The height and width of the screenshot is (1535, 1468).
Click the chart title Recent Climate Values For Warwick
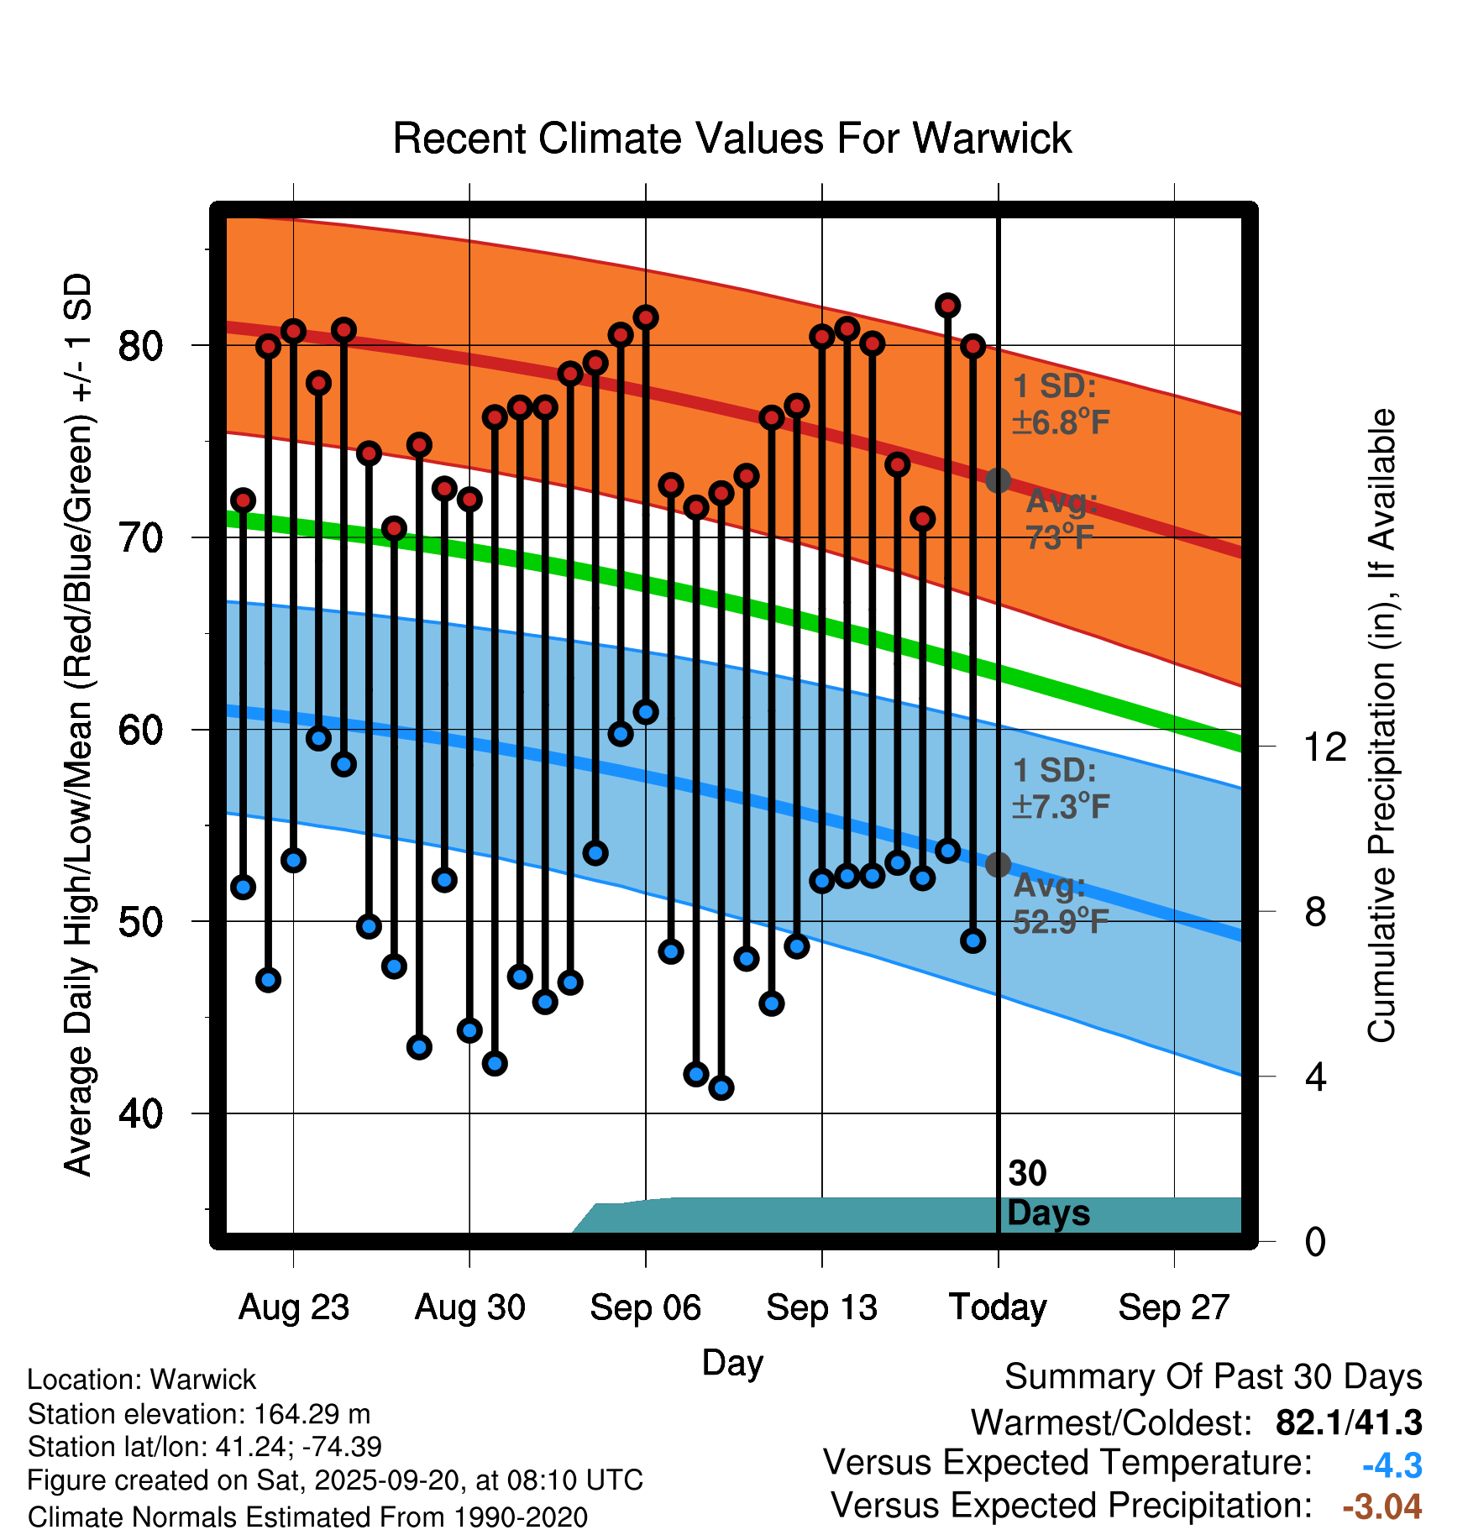[732, 139]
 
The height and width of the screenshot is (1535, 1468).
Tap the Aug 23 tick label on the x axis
[293, 1307]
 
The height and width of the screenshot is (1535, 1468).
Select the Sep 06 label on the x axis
[645, 1307]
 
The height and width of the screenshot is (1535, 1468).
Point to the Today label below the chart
[998, 1307]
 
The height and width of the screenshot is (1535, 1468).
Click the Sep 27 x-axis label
[1173, 1307]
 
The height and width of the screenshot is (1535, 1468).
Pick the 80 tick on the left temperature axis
[140, 345]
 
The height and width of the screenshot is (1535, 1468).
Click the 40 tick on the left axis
[140, 1113]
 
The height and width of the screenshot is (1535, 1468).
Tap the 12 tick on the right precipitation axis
[1324, 747]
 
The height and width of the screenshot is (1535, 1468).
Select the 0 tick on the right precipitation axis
[1315, 1241]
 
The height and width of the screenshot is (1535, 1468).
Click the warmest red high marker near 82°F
[947, 306]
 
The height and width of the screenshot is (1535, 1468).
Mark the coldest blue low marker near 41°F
[721, 1087]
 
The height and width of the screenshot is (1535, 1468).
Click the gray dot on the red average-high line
[998, 480]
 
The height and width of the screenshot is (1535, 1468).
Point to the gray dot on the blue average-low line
[998, 864]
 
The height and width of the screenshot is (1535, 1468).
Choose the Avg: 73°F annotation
[1061, 519]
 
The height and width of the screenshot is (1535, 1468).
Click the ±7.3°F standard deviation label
[1061, 806]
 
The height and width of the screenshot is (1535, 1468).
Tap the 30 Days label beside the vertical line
[1047, 1193]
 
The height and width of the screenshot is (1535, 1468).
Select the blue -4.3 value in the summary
[1392, 1466]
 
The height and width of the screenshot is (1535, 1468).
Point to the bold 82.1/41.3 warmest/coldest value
[1348, 1423]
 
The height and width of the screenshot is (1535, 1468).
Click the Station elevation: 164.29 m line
[199, 1414]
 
